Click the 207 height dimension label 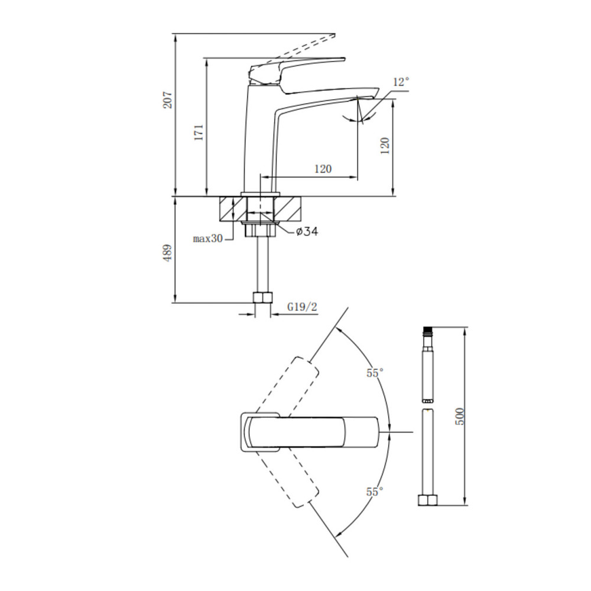[167, 100]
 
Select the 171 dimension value [199, 132]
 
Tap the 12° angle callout [401, 82]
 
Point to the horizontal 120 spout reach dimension [323, 168]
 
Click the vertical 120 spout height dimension [385, 146]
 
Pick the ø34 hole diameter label [307, 231]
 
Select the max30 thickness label [207, 238]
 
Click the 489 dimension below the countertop [167, 254]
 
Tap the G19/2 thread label [302, 307]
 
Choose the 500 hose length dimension [460, 417]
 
